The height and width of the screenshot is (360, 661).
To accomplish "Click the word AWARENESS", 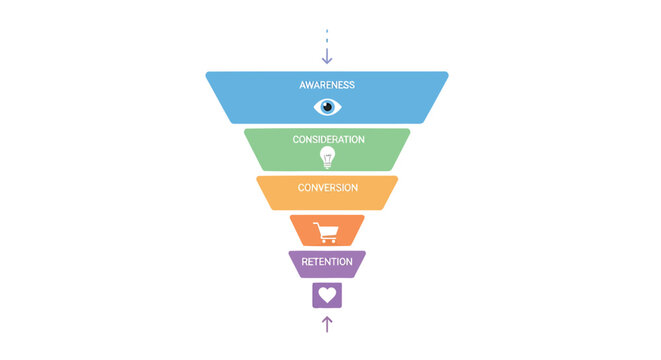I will (327, 85).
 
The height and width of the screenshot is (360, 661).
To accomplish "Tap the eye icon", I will (327, 106).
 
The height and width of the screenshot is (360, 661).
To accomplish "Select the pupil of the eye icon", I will (327, 106).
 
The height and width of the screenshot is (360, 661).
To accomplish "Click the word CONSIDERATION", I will (328, 139).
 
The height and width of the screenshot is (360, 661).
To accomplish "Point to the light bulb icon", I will (327, 156).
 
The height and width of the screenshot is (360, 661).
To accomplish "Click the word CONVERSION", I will (327, 187).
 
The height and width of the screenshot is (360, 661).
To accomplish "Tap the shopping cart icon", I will (326, 231).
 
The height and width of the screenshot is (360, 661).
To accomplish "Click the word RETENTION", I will (327, 262).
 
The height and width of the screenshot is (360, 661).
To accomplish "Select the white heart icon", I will (327, 295).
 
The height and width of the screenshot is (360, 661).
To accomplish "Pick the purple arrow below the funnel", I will (327, 323).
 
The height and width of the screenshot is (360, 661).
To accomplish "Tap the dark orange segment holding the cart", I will (302, 231).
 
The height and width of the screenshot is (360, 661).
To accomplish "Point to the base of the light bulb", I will (327, 165).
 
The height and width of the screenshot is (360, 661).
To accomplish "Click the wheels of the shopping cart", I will (327, 241).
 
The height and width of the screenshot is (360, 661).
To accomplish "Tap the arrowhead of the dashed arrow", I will (327, 60).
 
